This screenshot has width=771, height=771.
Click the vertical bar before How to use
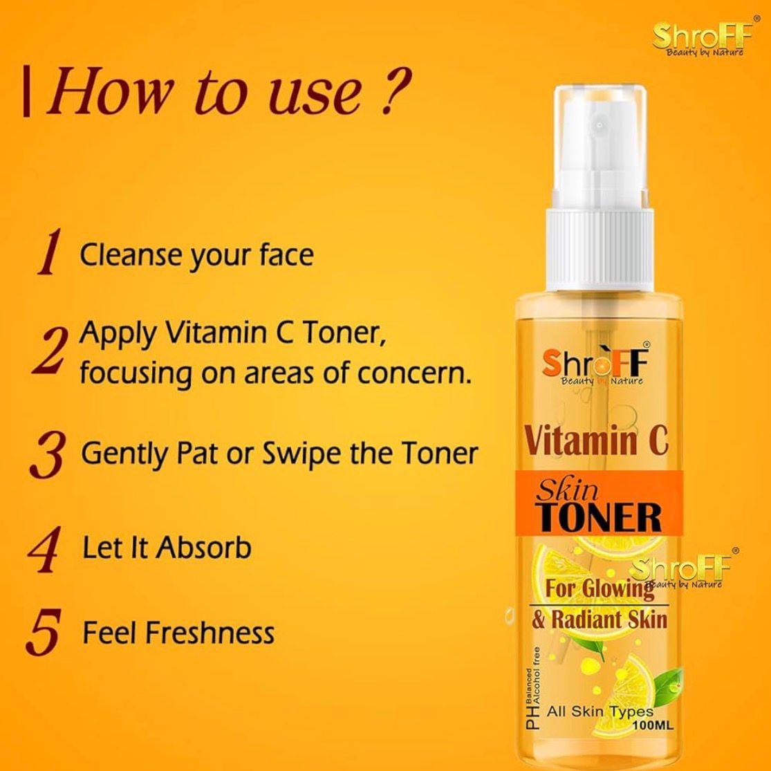(x=27, y=92)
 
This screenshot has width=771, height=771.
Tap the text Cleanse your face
(x=196, y=255)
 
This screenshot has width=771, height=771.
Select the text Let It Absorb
(x=166, y=548)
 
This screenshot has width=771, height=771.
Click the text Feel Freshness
(x=178, y=633)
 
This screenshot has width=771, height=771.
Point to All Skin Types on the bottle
(x=600, y=711)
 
